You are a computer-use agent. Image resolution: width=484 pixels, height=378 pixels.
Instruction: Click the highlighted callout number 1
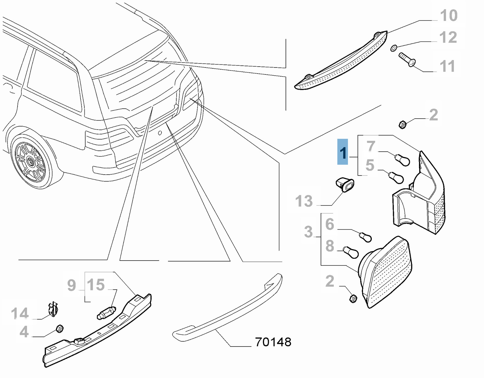click(343, 152)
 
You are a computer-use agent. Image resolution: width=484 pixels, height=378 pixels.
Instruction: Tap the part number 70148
click(273, 342)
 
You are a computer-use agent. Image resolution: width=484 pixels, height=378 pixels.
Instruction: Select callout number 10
click(449, 15)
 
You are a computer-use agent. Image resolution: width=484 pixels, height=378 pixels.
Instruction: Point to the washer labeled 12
click(394, 48)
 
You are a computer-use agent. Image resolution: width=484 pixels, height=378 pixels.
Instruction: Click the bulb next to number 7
click(403, 159)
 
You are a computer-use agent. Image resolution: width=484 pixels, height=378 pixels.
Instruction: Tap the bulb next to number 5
click(397, 178)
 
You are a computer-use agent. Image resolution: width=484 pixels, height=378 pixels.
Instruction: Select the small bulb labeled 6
click(365, 236)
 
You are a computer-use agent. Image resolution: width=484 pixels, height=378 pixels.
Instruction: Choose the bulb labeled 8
click(351, 252)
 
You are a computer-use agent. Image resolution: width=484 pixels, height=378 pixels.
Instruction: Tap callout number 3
click(309, 232)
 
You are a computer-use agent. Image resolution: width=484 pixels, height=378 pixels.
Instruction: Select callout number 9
click(71, 285)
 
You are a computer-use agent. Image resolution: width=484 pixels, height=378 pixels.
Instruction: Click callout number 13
click(304, 201)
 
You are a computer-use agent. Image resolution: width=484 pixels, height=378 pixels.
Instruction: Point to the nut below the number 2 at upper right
click(402, 124)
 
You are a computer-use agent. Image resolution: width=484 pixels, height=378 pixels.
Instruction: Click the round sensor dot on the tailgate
click(160, 132)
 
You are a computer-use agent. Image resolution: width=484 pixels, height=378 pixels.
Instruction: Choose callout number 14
click(20, 314)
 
